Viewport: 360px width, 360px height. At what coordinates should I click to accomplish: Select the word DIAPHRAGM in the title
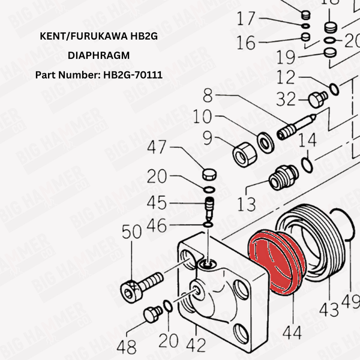tap(98, 56)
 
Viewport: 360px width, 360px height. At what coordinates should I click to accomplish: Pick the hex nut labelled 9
tap(242, 155)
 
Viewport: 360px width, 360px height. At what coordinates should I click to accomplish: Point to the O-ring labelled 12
tap(334, 88)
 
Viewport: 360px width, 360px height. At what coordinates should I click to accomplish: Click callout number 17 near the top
tap(246, 19)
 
